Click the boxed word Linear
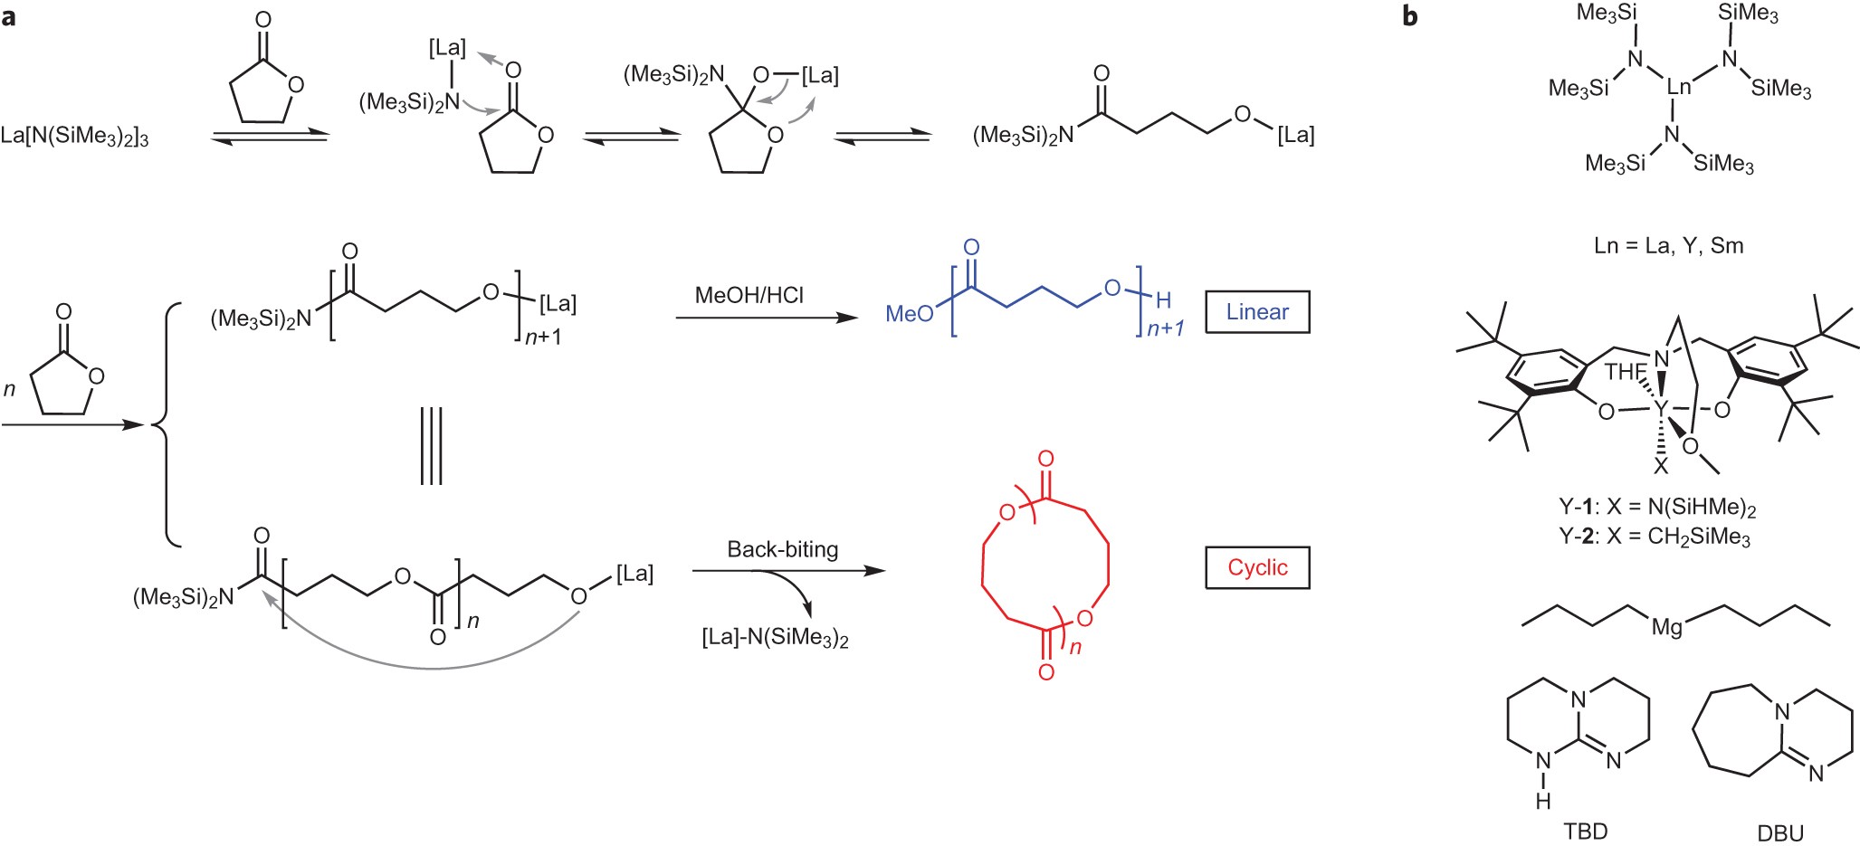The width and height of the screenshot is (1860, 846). coord(1257,312)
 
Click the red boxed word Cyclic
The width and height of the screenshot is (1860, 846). coord(1257,567)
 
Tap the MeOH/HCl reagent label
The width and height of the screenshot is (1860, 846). coord(749,296)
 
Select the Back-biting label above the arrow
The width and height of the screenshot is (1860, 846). coord(783,549)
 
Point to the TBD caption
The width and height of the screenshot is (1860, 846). coord(1585,831)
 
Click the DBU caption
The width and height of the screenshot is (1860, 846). coord(1780,832)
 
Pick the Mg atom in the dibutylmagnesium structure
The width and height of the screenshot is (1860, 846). coord(1667,627)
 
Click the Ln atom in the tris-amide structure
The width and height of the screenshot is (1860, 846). coord(1679,88)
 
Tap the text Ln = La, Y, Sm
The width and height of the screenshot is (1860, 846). coord(1669,245)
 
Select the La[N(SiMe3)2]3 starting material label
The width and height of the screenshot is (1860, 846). coord(75,137)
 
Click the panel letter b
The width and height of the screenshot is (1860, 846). coord(1410,15)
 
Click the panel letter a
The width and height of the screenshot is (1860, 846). coord(9,15)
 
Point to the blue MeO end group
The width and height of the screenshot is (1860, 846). coord(909,314)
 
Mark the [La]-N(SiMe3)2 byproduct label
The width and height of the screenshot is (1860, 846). coord(775,638)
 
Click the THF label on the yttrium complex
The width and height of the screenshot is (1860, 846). coord(1625,372)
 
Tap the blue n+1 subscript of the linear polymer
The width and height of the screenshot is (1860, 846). coord(1165,329)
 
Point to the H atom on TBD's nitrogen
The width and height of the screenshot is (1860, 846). coord(1543,801)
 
